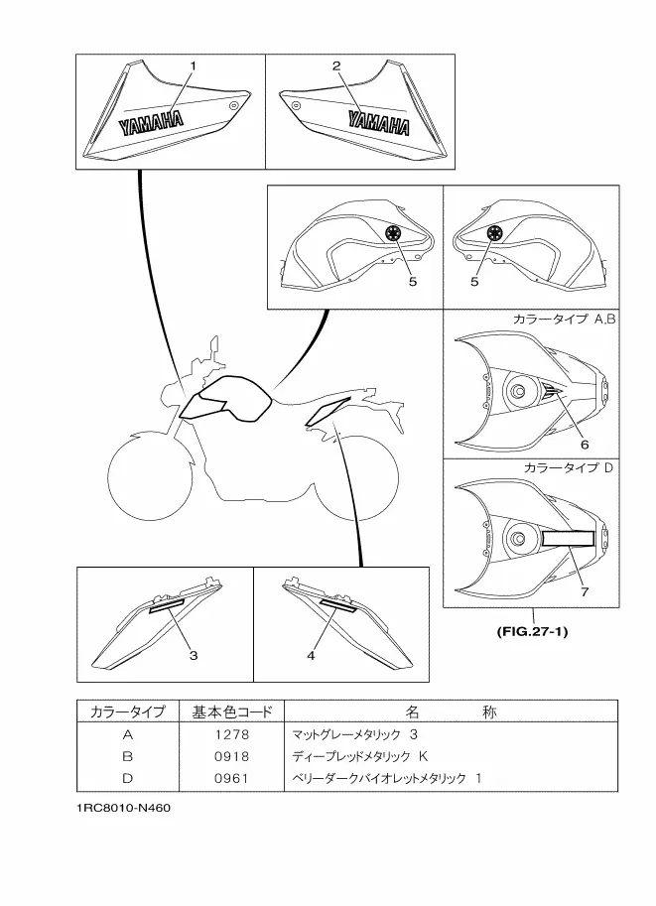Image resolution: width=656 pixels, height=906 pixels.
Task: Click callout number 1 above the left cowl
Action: coord(193,65)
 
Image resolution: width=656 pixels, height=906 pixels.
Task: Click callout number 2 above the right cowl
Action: coord(336,65)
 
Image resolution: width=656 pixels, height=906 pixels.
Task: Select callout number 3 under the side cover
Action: coord(194,655)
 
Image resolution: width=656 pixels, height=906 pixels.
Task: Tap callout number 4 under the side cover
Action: coord(311,655)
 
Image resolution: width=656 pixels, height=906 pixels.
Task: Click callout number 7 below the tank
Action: coord(585,591)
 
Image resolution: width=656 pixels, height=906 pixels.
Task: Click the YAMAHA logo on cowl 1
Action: coord(152,123)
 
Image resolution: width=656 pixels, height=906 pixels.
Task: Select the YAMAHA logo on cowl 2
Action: coord(378,123)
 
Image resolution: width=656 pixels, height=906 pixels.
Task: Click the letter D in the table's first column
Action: coord(127,778)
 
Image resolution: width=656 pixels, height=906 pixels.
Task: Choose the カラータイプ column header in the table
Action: coord(127,712)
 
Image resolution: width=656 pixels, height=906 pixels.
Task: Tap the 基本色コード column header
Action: coord(230,712)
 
